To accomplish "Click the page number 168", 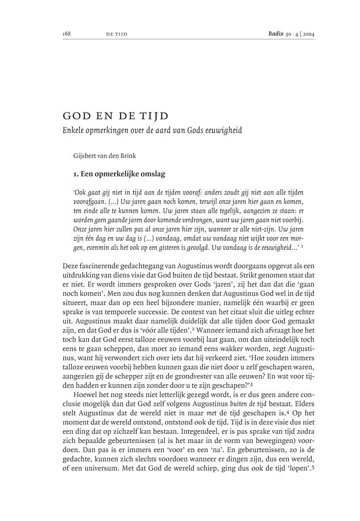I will pyautogui.click(x=67, y=34).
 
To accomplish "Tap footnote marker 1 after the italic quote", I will pyautogui.click(x=303, y=247).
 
